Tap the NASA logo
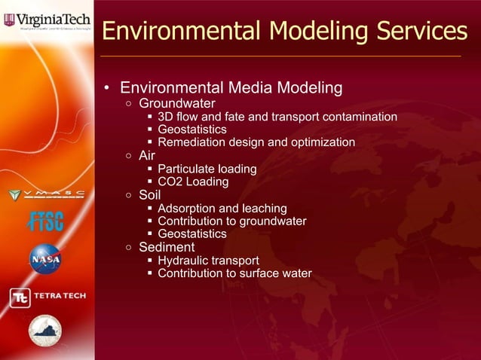tap(45, 259)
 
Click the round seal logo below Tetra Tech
tap(45, 331)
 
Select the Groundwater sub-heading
tap(177, 103)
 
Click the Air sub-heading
tap(148, 156)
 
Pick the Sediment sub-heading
tap(167, 247)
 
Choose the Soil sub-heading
tap(150, 195)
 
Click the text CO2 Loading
tap(193, 182)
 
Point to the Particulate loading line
tap(207, 169)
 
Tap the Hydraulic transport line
tap(208, 261)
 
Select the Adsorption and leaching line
tap(222, 208)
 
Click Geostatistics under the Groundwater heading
tap(192, 130)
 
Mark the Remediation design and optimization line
tap(256, 142)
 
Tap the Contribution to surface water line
tap(234, 273)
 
